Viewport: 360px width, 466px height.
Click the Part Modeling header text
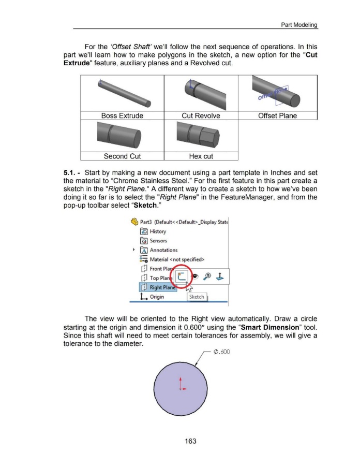pos(299,25)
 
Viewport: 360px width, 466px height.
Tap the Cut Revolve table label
pos(201,115)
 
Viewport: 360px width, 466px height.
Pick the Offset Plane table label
pos(277,115)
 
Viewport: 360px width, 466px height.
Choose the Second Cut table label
pos(123,156)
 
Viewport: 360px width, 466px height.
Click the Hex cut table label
pos(201,156)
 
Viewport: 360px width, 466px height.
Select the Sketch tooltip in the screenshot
pos(197,297)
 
